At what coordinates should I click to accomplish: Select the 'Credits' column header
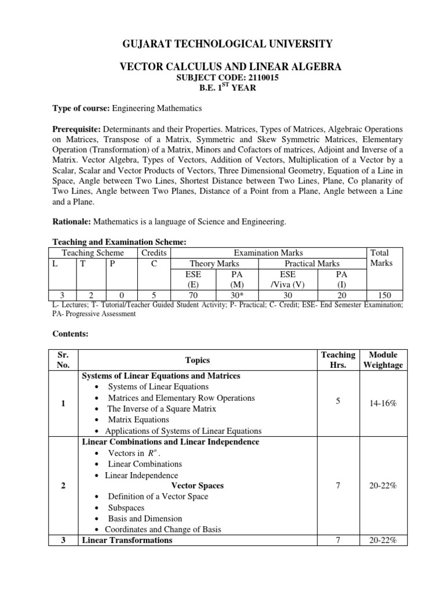coord(154,253)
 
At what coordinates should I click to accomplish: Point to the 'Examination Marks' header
coord(268,253)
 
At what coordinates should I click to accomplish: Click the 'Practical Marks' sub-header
coord(312,263)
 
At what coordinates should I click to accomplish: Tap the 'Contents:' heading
coord(71,334)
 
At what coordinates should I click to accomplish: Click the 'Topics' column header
coord(197,360)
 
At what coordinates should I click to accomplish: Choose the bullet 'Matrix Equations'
coord(138,420)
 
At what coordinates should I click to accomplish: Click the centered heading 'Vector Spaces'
coord(198,486)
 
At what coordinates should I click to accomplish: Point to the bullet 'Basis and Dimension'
coord(145,519)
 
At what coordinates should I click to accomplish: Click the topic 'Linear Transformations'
coord(127,540)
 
